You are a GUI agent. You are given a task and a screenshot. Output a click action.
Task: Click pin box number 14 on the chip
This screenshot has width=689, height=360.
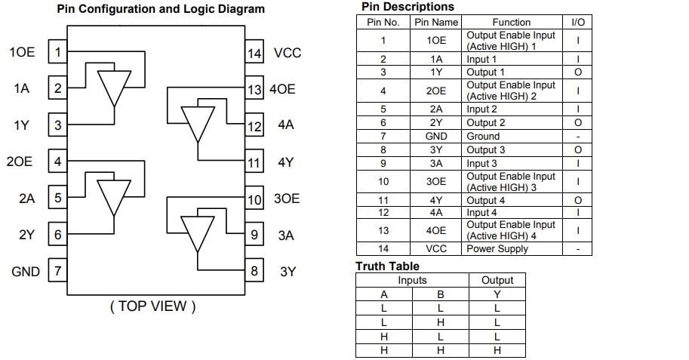(x=255, y=53)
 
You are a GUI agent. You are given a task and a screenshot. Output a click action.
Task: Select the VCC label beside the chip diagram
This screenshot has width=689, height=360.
(x=287, y=53)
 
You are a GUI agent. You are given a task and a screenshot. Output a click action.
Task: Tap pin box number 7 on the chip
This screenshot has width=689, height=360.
(x=57, y=271)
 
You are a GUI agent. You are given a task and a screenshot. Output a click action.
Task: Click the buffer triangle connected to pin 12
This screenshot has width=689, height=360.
(x=199, y=124)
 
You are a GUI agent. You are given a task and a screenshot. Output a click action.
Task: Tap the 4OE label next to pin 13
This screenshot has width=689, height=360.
(x=282, y=89)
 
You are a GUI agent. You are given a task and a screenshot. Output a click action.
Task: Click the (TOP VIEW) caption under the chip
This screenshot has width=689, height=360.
(x=153, y=306)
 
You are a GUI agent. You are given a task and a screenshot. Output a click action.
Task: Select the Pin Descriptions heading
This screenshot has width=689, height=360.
(x=408, y=7)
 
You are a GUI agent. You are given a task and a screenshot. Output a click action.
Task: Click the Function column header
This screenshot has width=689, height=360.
(x=511, y=22)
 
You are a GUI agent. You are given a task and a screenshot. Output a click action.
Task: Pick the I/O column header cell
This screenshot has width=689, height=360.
(x=578, y=22)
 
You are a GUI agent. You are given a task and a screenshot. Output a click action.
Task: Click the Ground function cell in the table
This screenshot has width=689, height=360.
(x=483, y=137)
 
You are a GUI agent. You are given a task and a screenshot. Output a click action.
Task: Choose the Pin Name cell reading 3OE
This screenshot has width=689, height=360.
(x=436, y=182)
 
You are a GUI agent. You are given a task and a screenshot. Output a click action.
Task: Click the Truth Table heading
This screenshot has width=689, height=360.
(x=387, y=266)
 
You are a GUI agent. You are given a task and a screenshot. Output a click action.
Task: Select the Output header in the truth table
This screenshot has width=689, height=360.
(x=497, y=280)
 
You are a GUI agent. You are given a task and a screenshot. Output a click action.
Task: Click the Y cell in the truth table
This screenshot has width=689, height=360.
(x=497, y=294)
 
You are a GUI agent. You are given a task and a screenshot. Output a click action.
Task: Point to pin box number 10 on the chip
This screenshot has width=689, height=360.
(x=255, y=199)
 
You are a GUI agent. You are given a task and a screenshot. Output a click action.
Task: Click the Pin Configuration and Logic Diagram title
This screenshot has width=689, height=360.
(x=161, y=9)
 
